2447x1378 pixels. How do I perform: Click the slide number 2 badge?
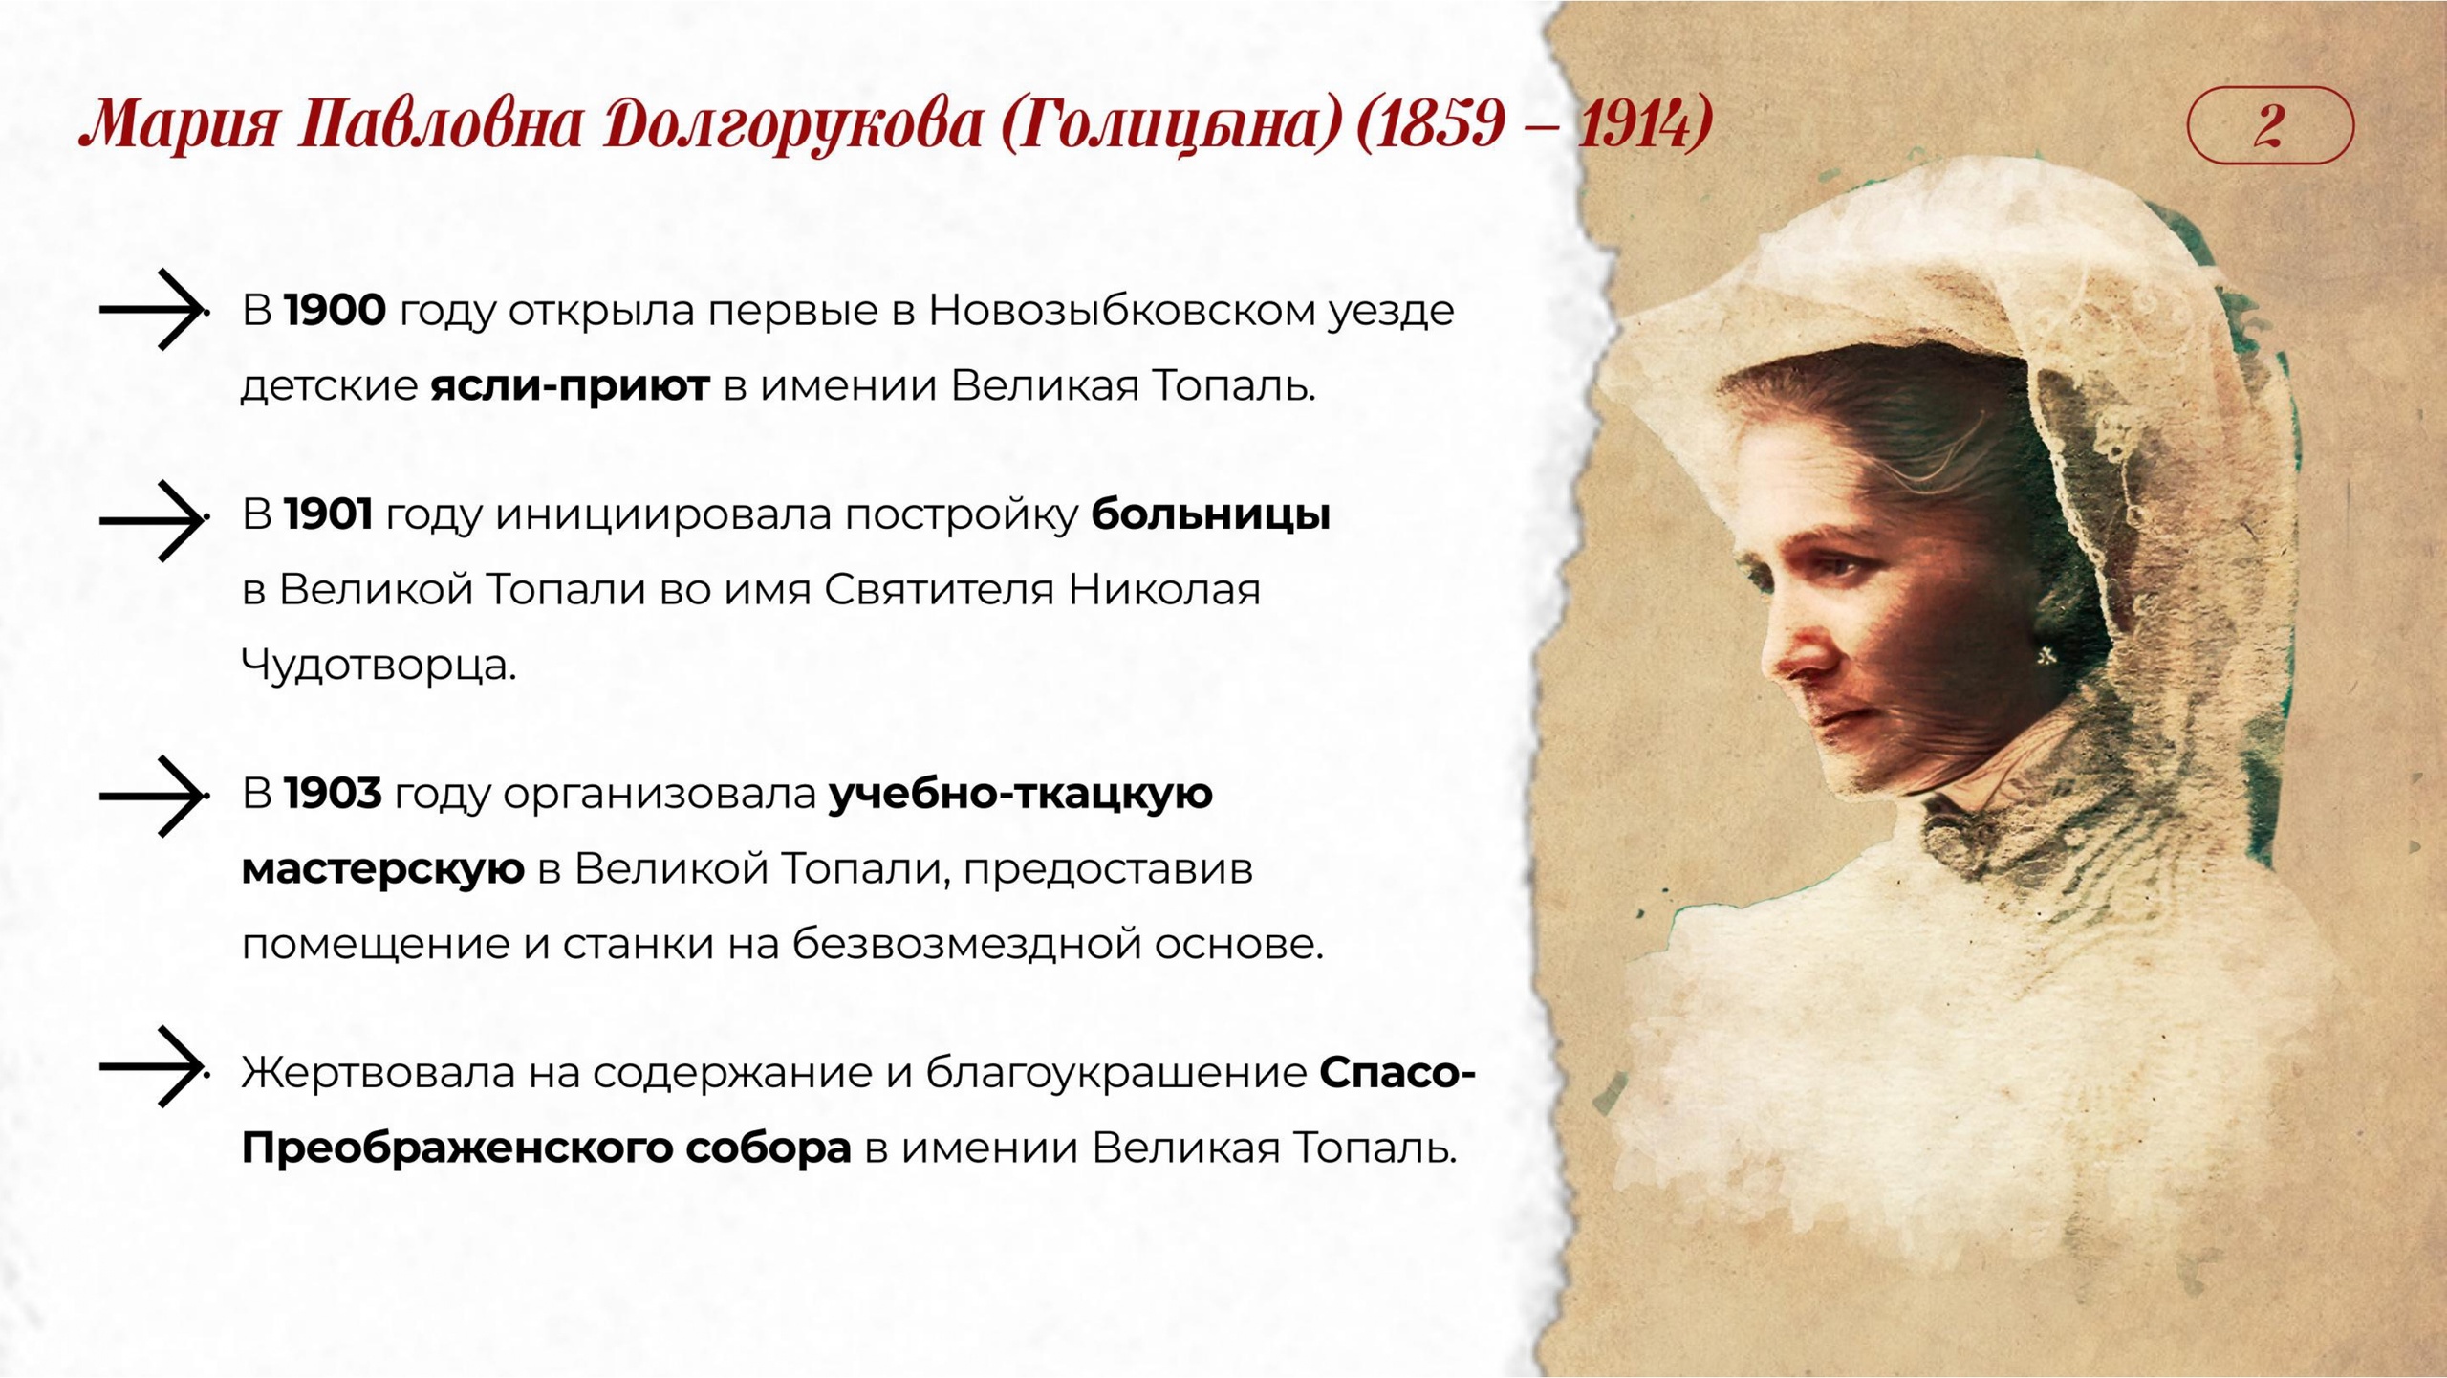(2269, 125)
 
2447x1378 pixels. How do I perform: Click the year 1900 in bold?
(336, 311)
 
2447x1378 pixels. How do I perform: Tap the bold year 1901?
(329, 515)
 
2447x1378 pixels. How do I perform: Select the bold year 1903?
(334, 794)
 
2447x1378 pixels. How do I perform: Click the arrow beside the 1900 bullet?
(153, 309)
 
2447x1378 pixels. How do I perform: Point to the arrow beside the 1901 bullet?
(153, 520)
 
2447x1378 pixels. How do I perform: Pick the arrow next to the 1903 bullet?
(153, 796)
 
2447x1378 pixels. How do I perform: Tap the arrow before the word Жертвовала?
(153, 1067)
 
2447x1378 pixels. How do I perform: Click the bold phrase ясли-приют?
(571, 386)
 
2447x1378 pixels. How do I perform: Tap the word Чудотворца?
(379, 664)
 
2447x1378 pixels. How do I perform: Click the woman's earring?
(2046, 656)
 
